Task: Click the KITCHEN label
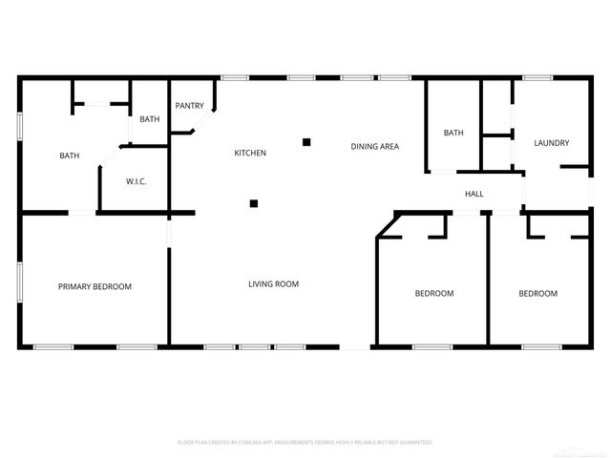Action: [250, 153]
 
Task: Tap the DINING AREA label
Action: [374, 146]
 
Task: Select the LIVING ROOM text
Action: [274, 283]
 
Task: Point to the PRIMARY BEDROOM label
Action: [95, 286]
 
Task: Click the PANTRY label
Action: [189, 106]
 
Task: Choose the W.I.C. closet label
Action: [136, 181]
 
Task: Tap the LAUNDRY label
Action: [551, 143]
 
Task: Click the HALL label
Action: [474, 194]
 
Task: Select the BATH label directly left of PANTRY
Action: [149, 119]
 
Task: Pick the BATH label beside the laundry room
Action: [453, 133]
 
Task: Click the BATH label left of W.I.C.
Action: [70, 156]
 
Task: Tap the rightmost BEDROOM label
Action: [537, 293]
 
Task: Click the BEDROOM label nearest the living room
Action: [433, 293]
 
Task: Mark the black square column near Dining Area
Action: [306, 142]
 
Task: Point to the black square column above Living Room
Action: [254, 202]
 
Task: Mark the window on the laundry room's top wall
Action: [537, 77]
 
